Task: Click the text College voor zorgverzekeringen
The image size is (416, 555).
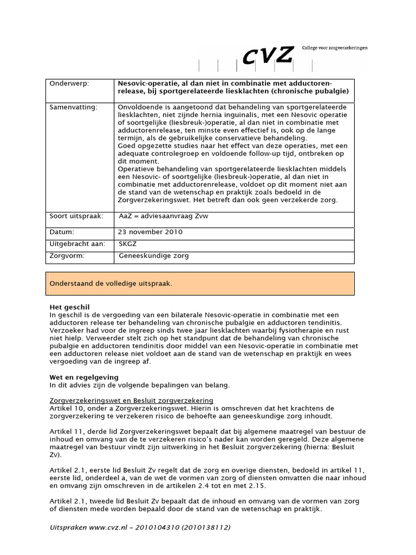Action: (335, 48)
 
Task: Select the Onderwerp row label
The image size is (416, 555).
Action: (69, 84)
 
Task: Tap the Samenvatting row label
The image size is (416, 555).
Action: (74, 107)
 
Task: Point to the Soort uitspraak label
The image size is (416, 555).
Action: (76, 216)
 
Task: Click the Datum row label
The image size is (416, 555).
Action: (61, 232)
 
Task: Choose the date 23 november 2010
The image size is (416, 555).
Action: (151, 232)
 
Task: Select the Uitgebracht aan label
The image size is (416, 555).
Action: (77, 244)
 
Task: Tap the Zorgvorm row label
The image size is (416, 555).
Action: (67, 255)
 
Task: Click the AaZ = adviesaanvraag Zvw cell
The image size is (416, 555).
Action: (163, 216)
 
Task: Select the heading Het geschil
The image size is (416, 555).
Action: (69, 307)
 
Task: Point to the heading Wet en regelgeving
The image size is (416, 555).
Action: (83, 377)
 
